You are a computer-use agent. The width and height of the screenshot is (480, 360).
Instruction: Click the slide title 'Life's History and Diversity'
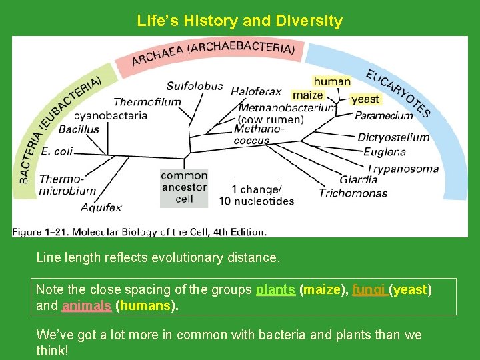[x=239, y=21]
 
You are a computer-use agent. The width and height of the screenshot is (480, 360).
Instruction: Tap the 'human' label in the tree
[x=332, y=81]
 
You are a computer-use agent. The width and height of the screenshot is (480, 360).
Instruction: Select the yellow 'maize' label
[x=307, y=95]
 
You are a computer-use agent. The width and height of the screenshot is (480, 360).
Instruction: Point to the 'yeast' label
[x=365, y=99]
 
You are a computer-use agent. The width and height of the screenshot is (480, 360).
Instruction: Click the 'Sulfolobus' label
[x=194, y=86]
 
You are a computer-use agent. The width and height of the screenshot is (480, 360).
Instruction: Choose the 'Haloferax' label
[x=256, y=91]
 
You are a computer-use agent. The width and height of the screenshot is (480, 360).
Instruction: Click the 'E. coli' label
[x=57, y=151]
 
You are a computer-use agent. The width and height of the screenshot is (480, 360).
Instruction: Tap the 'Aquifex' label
[x=101, y=207]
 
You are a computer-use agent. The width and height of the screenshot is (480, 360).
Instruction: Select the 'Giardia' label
[x=358, y=179]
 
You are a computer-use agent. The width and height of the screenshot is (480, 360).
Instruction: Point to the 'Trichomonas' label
[x=353, y=193]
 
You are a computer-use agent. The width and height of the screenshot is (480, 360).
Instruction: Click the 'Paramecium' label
[x=383, y=115]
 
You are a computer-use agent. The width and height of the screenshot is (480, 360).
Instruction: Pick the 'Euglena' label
[x=385, y=152]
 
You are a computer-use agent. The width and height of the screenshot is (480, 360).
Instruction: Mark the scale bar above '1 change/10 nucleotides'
[x=255, y=179]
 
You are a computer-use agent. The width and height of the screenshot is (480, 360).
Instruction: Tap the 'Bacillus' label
[x=79, y=129]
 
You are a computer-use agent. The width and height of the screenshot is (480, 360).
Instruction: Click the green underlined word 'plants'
[x=275, y=290]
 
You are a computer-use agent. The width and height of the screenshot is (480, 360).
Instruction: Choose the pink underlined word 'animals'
[x=87, y=306]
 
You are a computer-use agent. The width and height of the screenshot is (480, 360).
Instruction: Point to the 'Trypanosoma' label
[x=403, y=168]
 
